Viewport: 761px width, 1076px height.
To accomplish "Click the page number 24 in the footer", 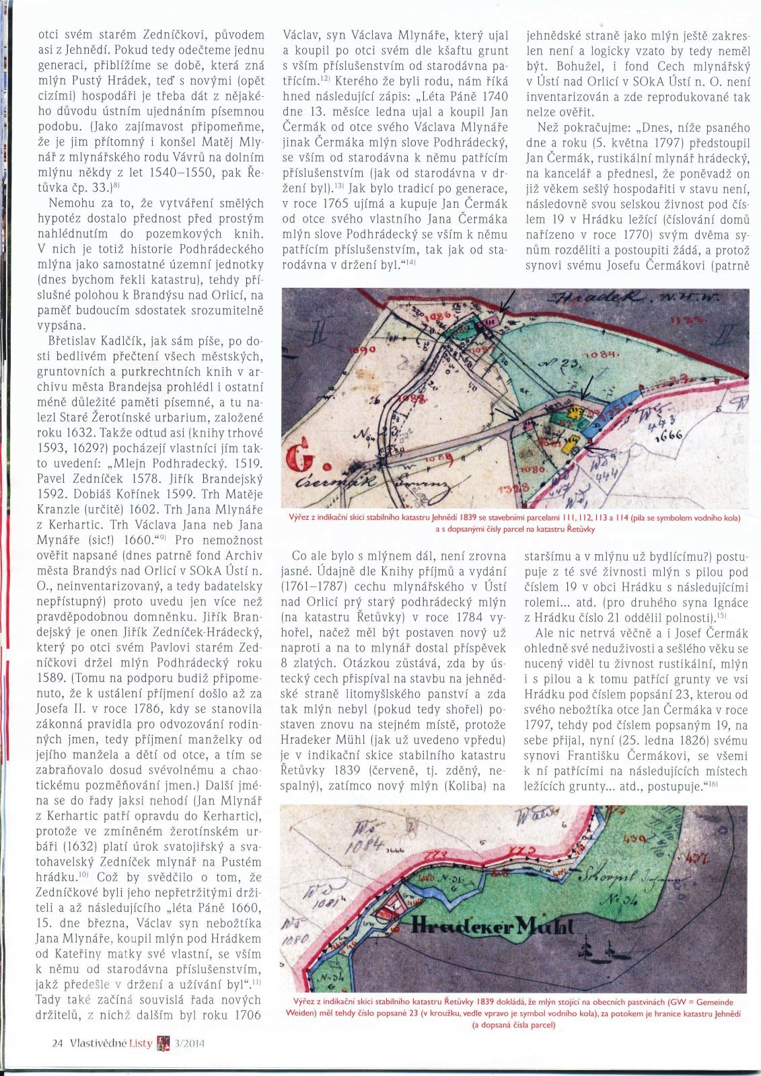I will point(57,1043).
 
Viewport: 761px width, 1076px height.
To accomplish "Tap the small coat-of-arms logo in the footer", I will point(162,1043).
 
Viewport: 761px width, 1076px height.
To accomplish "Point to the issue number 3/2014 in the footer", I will point(189,1043).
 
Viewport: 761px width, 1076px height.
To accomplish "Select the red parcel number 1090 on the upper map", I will point(362,350).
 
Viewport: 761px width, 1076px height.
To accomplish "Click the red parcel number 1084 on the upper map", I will point(600,354).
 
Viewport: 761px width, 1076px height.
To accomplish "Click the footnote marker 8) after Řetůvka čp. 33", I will point(116,185).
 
